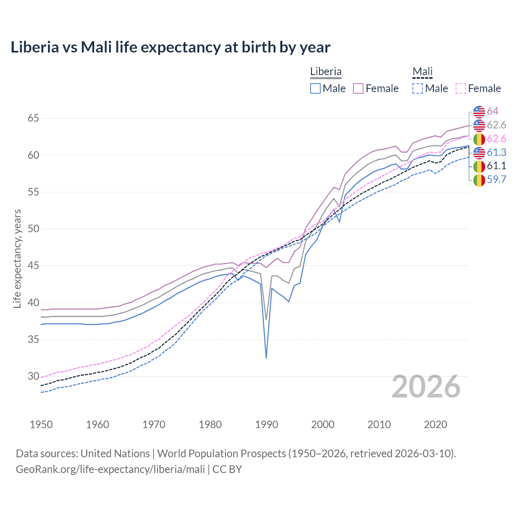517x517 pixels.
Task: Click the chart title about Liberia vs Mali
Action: [x=170, y=47]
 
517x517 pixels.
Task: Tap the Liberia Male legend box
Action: [x=315, y=88]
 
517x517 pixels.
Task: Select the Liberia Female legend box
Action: [x=358, y=88]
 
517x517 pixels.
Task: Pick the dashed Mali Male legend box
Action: [x=418, y=88]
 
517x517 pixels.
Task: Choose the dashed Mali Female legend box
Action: [x=461, y=88]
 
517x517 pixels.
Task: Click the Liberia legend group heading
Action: [x=326, y=71]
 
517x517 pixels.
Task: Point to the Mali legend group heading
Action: [x=422, y=71]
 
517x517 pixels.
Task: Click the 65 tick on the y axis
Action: [x=34, y=118]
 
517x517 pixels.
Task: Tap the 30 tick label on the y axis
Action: [x=34, y=376]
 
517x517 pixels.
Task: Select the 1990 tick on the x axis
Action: [x=267, y=425]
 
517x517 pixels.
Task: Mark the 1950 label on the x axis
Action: [x=41, y=425]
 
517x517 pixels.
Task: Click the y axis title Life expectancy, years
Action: [x=17, y=258]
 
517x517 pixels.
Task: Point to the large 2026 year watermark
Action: [x=426, y=387]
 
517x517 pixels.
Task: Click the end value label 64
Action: [x=492, y=111]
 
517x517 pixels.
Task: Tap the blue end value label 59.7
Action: [x=496, y=179]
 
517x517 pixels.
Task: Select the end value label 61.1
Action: [x=496, y=166]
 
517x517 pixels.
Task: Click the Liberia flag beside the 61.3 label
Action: [x=479, y=152]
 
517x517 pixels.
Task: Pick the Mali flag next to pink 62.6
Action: [x=479, y=139]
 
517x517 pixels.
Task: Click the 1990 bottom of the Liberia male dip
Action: [x=266, y=357]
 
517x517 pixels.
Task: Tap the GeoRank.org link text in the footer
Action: [x=110, y=469]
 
